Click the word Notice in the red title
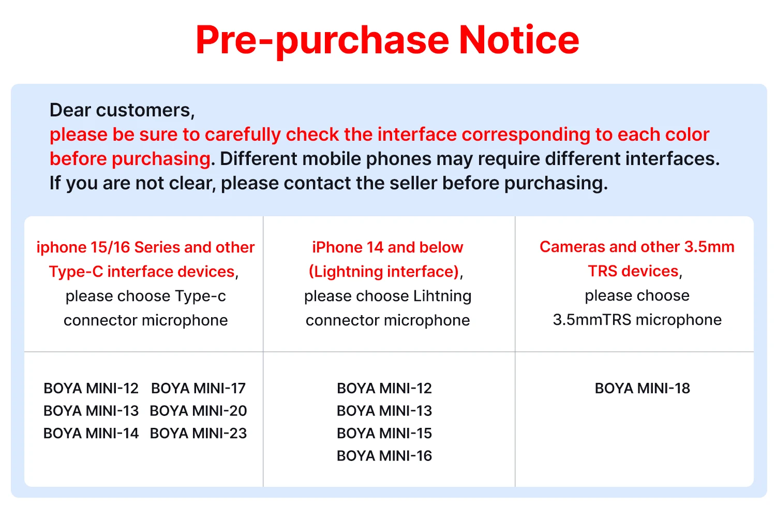pos(519,40)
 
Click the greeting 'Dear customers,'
pos(122,111)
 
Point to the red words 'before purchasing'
pos(130,159)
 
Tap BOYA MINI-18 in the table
pos(643,388)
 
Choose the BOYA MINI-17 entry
pos(198,388)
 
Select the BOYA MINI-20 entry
pos(198,411)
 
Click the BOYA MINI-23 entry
pos(198,433)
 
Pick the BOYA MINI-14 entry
pos(91,433)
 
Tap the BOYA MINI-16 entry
pos(384,456)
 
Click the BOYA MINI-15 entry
pos(384,433)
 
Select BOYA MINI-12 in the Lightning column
pos(384,388)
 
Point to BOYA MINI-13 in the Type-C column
pos(91,411)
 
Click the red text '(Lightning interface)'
pos(384,272)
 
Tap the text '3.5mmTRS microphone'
pos(637,320)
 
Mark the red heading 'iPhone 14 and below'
pos(387,247)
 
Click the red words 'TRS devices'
pos(633,271)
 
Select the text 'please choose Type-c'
pos(146,296)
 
